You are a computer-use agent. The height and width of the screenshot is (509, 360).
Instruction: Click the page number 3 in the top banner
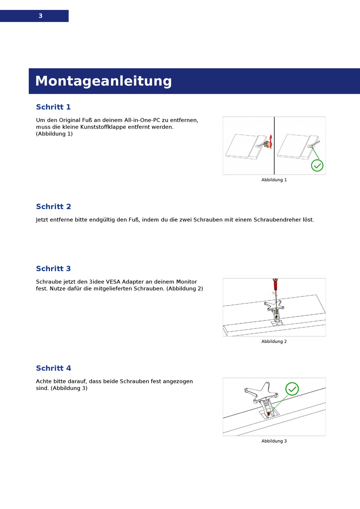(x=40, y=16)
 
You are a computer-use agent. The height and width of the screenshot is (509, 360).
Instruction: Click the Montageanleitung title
(x=103, y=81)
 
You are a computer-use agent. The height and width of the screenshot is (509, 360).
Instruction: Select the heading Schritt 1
(x=53, y=107)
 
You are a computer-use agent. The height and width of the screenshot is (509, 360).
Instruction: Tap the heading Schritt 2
(x=53, y=207)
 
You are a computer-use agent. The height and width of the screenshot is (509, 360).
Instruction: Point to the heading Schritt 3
(x=53, y=269)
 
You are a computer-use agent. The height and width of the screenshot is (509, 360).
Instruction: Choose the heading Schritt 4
(x=53, y=368)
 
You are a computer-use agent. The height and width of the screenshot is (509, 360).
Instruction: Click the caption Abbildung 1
(x=274, y=180)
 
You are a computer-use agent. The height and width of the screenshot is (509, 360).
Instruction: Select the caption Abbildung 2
(x=274, y=341)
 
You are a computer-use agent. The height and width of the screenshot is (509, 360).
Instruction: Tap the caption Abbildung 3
(x=274, y=441)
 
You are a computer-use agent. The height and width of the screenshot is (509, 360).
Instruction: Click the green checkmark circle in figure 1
(x=317, y=165)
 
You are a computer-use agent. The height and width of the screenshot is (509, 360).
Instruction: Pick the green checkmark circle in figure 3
(x=292, y=389)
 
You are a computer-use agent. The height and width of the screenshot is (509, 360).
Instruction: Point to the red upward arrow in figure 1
(x=271, y=141)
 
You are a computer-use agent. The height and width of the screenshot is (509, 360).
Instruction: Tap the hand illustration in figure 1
(x=268, y=144)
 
